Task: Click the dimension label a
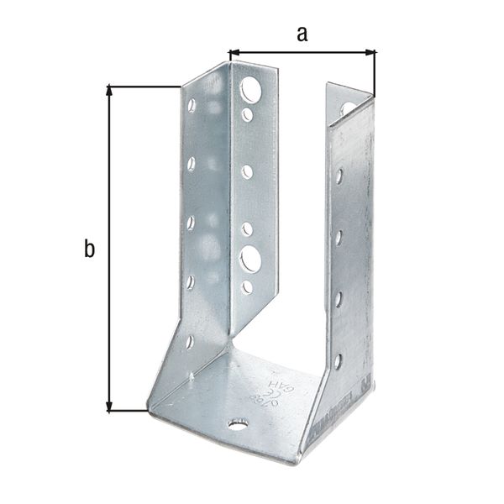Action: [x=302, y=34]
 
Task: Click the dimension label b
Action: [x=89, y=249]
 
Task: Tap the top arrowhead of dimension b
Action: [x=109, y=91]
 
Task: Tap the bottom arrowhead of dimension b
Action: [x=109, y=407]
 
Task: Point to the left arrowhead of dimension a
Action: [x=235, y=53]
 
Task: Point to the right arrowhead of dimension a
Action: [x=370, y=53]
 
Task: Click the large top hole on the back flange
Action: [x=250, y=89]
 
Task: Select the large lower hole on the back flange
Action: [x=250, y=257]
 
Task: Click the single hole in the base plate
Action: [x=238, y=425]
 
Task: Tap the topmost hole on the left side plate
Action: [x=192, y=106]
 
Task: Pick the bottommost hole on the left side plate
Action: [x=190, y=341]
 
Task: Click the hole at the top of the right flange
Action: [x=348, y=108]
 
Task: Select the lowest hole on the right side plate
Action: [x=338, y=361]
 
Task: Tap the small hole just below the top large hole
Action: [x=247, y=114]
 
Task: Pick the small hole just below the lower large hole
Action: [x=247, y=287]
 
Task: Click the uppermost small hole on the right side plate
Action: [x=339, y=176]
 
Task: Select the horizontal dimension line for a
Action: [x=302, y=53]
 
